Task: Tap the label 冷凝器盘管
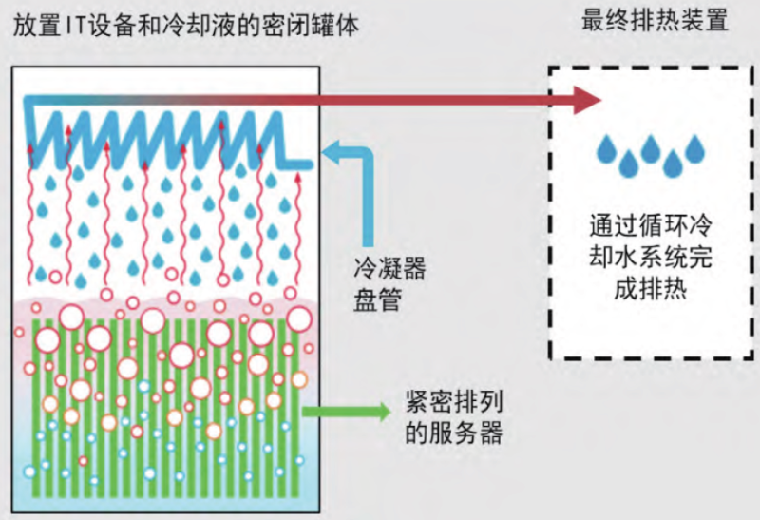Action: click(x=387, y=284)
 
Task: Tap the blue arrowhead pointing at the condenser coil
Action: click(x=332, y=148)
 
